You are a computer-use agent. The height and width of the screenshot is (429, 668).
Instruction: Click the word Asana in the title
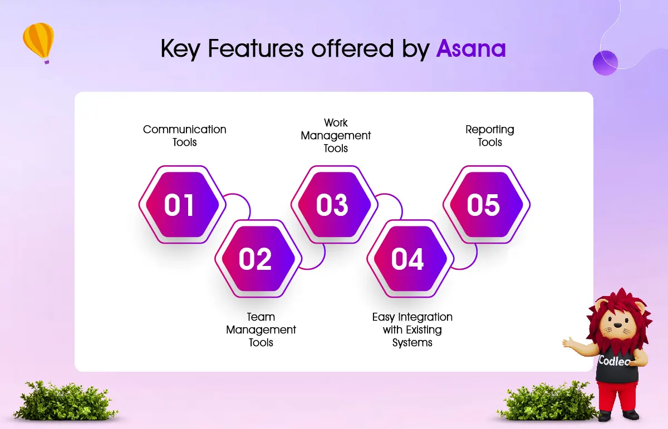pyautogui.click(x=471, y=48)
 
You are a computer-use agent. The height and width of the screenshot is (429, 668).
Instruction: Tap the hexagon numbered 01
pyautogui.click(x=182, y=205)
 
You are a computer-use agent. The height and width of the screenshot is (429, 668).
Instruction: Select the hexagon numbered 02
pyautogui.click(x=258, y=259)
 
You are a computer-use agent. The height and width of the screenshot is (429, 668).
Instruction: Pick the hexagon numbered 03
pyautogui.click(x=335, y=205)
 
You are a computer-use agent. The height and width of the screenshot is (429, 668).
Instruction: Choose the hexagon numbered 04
pyautogui.click(x=410, y=259)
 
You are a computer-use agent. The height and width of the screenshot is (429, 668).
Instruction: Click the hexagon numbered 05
pyautogui.click(x=487, y=205)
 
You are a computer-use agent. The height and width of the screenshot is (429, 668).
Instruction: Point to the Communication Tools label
pyautogui.click(x=185, y=136)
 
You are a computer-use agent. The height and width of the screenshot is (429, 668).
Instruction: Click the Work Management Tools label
pyautogui.click(x=336, y=135)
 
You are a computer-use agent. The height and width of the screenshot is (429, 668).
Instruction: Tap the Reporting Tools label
pyautogui.click(x=490, y=136)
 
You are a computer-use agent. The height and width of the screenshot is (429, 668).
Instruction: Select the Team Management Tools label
pyautogui.click(x=261, y=329)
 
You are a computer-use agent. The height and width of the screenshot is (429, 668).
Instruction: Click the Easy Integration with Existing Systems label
pyautogui.click(x=412, y=329)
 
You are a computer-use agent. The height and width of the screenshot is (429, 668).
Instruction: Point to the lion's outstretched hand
pyautogui.click(x=569, y=343)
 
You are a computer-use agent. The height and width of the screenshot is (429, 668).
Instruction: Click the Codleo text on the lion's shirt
pyautogui.click(x=613, y=361)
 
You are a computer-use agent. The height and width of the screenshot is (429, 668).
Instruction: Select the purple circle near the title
pyautogui.click(x=605, y=63)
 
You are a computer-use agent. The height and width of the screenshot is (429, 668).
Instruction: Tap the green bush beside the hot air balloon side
pyautogui.click(x=66, y=401)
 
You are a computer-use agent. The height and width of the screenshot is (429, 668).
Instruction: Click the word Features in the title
pyautogui.click(x=256, y=48)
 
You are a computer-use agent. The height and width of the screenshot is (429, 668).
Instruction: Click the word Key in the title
pyautogui.click(x=180, y=49)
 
